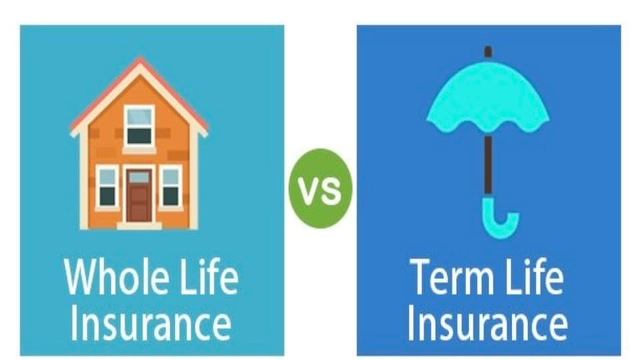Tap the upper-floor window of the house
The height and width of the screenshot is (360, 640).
pos(139,126)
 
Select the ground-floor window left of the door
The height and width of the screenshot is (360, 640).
pos(107,186)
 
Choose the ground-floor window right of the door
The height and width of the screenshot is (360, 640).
pos(171,186)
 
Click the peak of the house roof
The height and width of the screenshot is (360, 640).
pos(139,61)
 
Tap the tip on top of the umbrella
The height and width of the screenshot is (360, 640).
pos(488,51)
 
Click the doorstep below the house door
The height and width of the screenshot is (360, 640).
pos(139,225)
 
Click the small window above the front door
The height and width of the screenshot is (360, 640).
pos(139,177)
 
